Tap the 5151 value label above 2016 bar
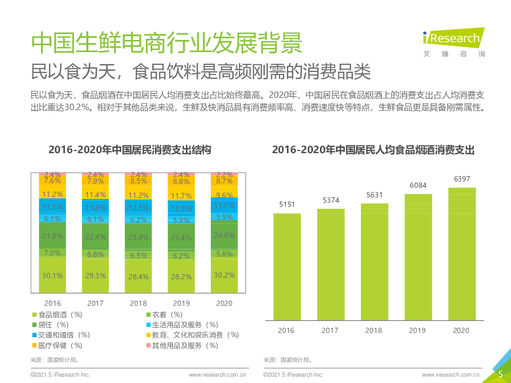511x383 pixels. (x=287, y=204)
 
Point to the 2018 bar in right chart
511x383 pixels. (x=374, y=261)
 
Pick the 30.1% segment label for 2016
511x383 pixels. (x=52, y=276)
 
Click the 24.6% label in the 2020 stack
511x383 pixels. (x=224, y=235)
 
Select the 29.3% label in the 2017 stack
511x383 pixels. (x=95, y=276)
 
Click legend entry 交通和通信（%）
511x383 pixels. (x=61, y=335)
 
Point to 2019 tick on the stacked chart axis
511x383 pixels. (x=181, y=303)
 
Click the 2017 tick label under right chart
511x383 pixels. (x=330, y=330)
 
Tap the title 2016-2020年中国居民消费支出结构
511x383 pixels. (x=130, y=150)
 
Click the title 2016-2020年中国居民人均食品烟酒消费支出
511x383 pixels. (x=373, y=150)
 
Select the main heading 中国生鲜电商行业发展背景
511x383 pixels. (x=166, y=43)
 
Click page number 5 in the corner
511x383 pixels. (x=500, y=374)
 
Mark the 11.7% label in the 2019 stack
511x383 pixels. (x=181, y=196)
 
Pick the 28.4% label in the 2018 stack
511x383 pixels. (x=138, y=276)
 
